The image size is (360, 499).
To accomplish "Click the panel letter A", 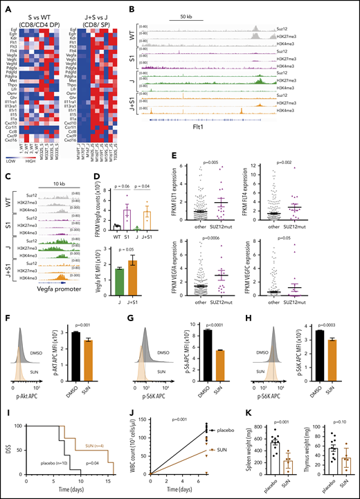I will [x=5, y=6].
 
